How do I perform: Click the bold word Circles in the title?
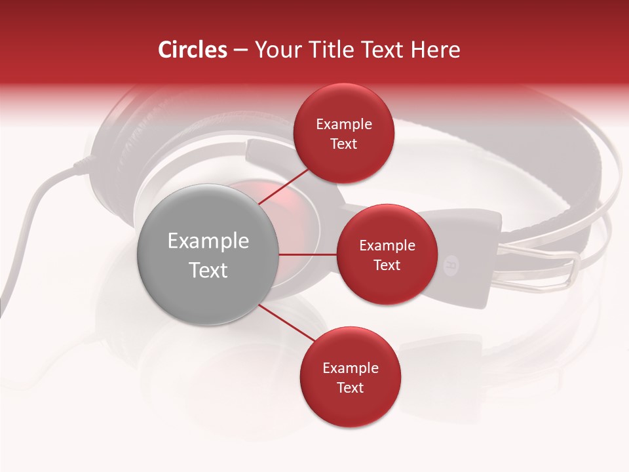pyautogui.click(x=193, y=50)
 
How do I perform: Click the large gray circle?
pyautogui.click(x=208, y=254)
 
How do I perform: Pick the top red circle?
pyautogui.click(x=343, y=134)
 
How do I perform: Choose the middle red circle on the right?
pyautogui.click(x=387, y=254)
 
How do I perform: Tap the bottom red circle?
pyautogui.click(x=350, y=378)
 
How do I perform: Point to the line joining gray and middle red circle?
pyautogui.click(x=308, y=254)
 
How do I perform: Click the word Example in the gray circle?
pyautogui.click(x=208, y=241)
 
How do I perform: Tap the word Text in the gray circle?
pyautogui.click(x=208, y=270)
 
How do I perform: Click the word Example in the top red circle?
pyautogui.click(x=343, y=125)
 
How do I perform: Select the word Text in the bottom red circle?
pyautogui.click(x=350, y=387)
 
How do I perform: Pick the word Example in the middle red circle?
pyautogui.click(x=387, y=246)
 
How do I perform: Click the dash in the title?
pyautogui.click(x=240, y=50)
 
